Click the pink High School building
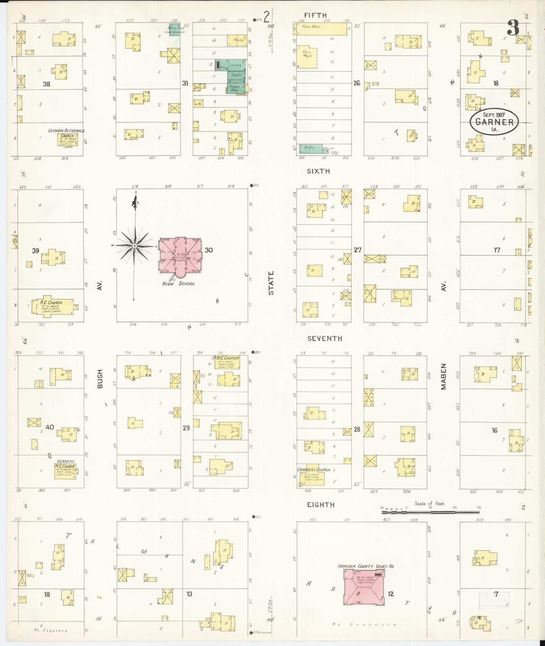181,255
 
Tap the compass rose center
134,246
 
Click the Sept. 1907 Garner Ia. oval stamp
494,121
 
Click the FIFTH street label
315,15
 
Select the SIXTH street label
318,171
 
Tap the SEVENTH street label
325,338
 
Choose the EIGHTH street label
321,505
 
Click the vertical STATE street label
271,283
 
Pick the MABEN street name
444,376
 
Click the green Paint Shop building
174,30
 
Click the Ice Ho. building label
198,103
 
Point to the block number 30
208,250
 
